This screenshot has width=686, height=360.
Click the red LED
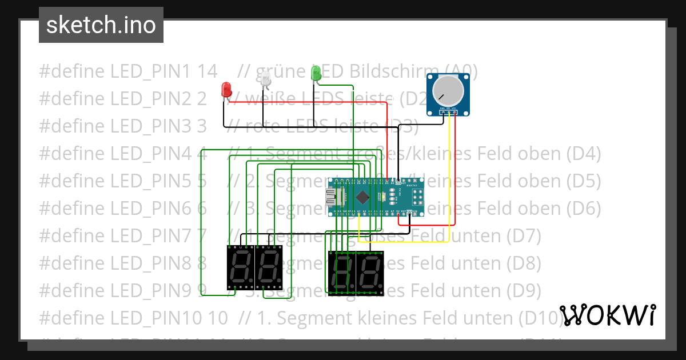(x=226, y=89)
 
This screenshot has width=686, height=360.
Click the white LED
(x=266, y=80)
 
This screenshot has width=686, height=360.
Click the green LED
(x=315, y=73)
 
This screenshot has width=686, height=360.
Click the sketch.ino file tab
(x=101, y=25)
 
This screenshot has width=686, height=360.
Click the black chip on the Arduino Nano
(x=362, y=197)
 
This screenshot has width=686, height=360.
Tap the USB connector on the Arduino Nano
(x=332, y=197)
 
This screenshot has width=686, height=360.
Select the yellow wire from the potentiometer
(x=449, y=171)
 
